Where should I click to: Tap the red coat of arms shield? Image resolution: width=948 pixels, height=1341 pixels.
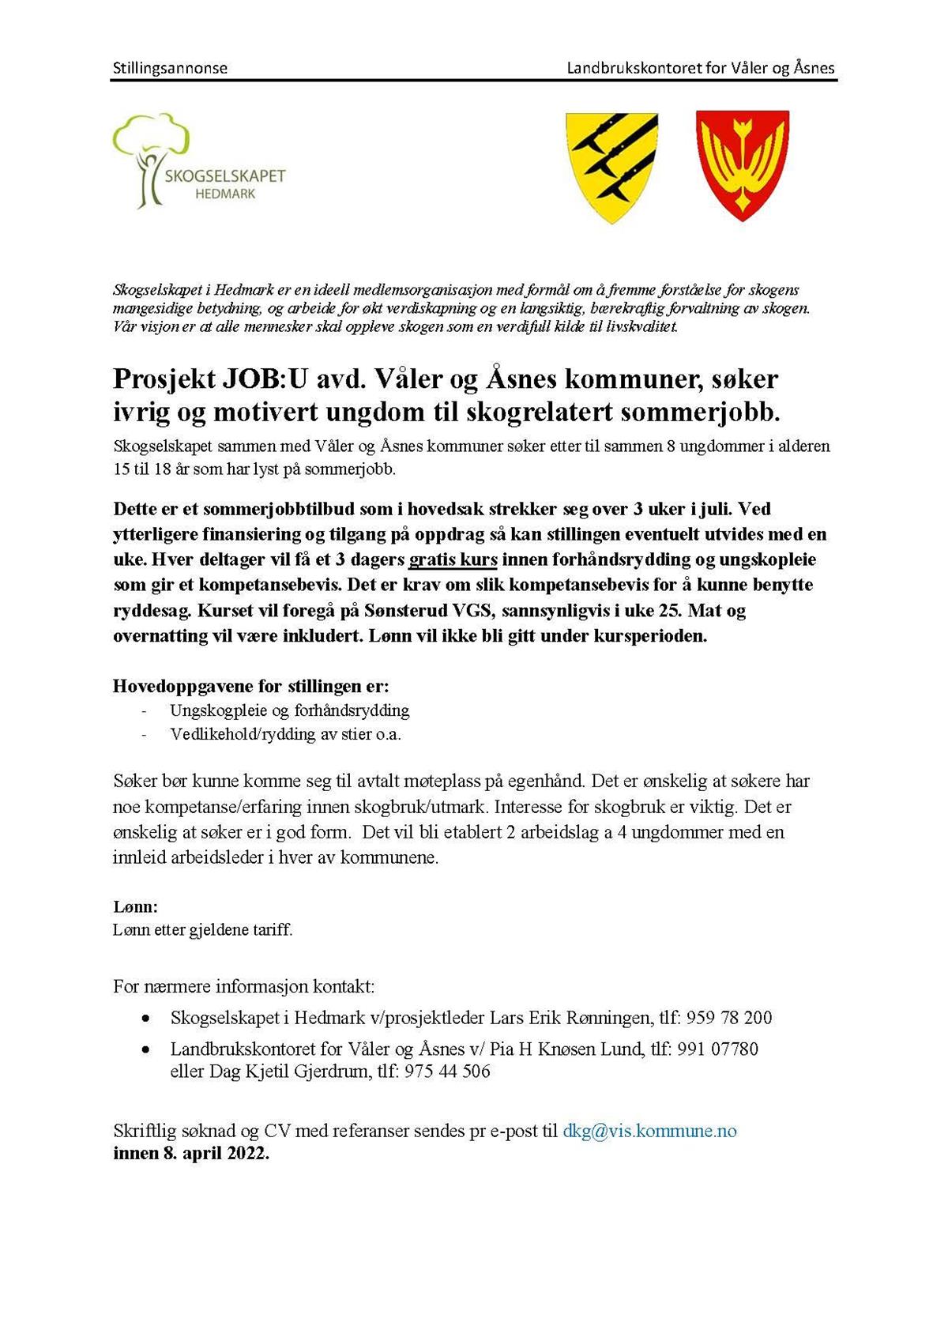click(742, 164)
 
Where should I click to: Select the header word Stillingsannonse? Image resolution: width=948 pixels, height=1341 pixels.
click(170, 68)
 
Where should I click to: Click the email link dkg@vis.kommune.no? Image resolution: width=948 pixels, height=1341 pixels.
click(649, 1131)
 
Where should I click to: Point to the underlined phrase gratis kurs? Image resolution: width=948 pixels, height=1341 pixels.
click(453, 559)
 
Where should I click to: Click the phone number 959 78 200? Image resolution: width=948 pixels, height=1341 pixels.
click(728, 1018)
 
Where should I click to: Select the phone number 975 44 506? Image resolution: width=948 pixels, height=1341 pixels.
click(447, 1072)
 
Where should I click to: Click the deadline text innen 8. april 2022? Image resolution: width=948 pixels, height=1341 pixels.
click(191, 1153)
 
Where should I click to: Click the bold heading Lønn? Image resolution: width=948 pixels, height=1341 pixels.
click(135, 906)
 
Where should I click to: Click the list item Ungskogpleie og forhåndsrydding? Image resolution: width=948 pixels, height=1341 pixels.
click(290, 710)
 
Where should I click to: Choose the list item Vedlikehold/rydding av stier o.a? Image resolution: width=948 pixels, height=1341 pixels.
click(286, 734)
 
